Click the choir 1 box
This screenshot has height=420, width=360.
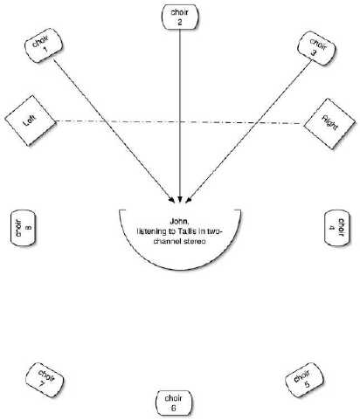[44, 45]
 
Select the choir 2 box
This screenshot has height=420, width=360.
[180, 17]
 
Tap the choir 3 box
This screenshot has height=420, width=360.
[316, 48]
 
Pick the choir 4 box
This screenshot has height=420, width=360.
[337, 228]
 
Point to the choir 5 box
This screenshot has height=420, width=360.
[304, 380]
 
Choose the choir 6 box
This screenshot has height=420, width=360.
[174, 403]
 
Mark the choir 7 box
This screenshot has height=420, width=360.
[45, 380]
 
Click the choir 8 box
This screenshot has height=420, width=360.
[23, 228]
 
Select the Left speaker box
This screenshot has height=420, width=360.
[31, 120]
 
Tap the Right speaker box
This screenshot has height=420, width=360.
[329, 124]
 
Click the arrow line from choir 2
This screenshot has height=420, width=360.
[180, 115]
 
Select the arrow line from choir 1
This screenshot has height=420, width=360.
[114, 130]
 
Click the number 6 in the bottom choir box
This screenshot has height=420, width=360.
[174, 408]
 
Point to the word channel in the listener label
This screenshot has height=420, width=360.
[169, 241]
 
